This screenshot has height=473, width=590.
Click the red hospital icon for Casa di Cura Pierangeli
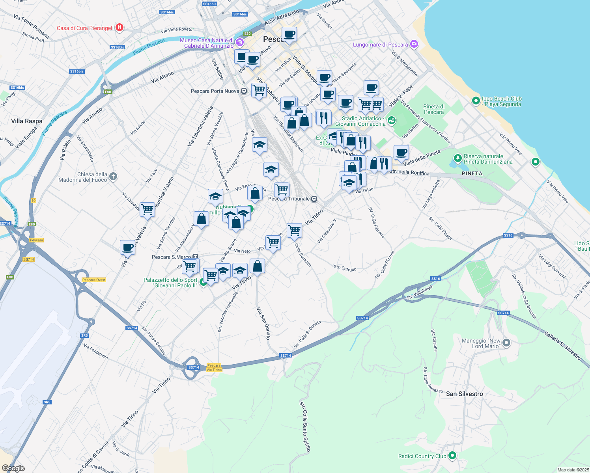[x=119, y=28]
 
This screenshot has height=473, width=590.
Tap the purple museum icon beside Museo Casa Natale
[x=239, y=43]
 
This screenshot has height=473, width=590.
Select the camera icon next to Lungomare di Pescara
[x=414, y=44]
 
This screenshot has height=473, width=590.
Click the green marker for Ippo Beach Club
[x=476, y=101]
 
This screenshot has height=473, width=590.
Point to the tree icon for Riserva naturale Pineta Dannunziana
[x=457, y=158]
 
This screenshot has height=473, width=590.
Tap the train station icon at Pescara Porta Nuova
[x=244, y=91]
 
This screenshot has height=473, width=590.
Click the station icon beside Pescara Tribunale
[x=314, y=199]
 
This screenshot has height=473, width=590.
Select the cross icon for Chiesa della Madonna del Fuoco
[x=113, y=176]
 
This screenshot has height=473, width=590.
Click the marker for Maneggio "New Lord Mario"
[x=506, y=343]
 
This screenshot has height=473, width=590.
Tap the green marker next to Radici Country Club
[x=452, y=456]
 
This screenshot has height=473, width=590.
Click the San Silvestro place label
[x=464, y=394]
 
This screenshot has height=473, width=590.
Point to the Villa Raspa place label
[x=27, y=121]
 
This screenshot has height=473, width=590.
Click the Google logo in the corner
[x=13, y=468]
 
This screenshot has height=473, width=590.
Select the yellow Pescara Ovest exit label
[x=94, y=280]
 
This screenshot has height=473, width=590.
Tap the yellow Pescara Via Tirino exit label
[x=214, y=367]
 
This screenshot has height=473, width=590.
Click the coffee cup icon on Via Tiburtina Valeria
[x=127, y=248]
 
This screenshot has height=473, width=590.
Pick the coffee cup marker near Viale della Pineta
[x=401, y=153]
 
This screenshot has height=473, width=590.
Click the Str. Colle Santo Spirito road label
[x=305, y=426]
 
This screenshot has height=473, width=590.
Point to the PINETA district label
[x=472, y=173]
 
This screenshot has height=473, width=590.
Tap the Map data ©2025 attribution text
[x=571, y=470]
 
